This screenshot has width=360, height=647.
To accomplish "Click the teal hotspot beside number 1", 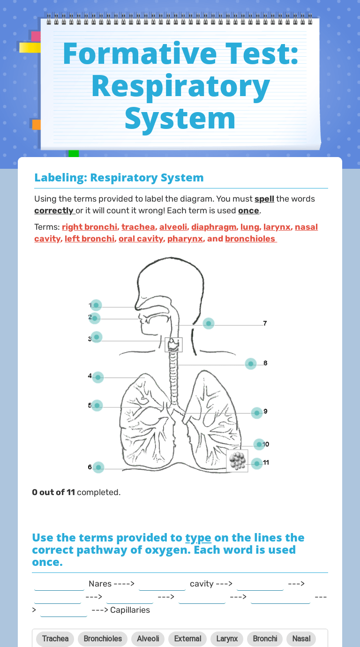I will [96, 305].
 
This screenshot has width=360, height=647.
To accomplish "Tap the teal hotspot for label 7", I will [209, 323].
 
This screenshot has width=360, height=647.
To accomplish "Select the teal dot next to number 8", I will [251, 364].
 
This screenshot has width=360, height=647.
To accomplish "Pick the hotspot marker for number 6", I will [98, 467].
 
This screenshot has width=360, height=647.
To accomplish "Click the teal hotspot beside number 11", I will [257, 464].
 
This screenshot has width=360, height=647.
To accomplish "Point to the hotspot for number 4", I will [97, 377].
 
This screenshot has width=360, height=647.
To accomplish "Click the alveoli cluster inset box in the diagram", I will [237, 461].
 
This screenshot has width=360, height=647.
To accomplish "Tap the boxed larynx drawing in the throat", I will [174, 345].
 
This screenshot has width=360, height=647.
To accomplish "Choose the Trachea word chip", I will [55, 639].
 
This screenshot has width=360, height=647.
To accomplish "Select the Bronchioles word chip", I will [103, 639].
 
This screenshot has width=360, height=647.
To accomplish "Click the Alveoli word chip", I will [148, 639].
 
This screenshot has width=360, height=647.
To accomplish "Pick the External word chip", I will [187, 639].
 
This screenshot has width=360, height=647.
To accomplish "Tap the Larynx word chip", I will [227, 639].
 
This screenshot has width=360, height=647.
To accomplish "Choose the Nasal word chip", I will [301, 639].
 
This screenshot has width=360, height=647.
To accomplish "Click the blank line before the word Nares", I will [60, 585].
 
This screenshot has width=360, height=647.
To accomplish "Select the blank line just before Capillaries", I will [64, 611].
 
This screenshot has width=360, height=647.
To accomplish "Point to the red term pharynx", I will [185, 239].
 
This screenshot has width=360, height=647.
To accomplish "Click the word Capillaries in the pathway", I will [130, 610].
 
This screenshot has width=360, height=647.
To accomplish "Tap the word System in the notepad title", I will [180, 119].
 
